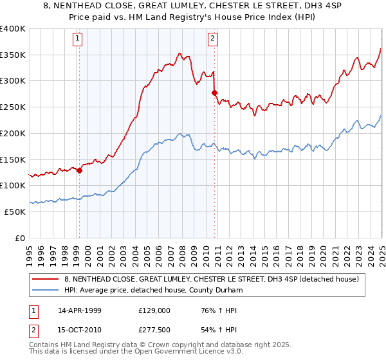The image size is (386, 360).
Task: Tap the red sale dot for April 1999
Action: pos(80,170)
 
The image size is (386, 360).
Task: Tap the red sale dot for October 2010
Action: pos(214,93)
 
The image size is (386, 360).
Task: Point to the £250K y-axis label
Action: pos(13,107)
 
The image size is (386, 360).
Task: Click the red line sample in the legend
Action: pos(45,279)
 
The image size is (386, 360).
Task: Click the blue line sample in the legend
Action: pos(45,290)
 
